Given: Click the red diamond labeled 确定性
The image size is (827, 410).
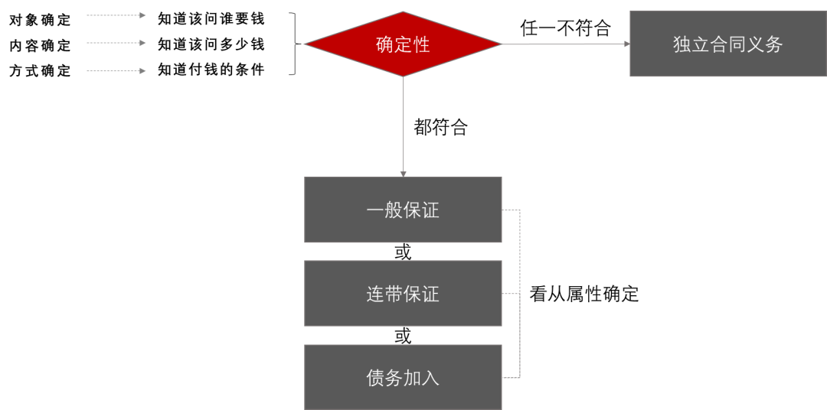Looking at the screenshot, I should point(403,44).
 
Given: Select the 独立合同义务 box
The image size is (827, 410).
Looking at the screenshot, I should point(727,44).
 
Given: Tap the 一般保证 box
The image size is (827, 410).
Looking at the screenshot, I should point(403,210).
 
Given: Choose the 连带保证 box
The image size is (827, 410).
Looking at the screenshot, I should point(403,294).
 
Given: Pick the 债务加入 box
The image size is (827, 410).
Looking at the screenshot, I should point(403,377).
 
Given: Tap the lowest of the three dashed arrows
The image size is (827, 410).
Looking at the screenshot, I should point(116,71).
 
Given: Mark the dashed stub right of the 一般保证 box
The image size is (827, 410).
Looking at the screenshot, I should point(511,210).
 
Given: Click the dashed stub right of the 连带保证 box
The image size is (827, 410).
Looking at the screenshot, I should point(511,294).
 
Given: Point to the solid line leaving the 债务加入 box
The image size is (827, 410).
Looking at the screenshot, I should point(511,377).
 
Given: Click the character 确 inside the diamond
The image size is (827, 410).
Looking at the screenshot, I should point(385,44).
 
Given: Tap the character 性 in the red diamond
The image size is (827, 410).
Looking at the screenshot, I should point(421,44).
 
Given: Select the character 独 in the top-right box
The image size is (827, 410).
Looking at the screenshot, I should point(682,44).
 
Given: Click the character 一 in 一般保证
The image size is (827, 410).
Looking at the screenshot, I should point(375,210).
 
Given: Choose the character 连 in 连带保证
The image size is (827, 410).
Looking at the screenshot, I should point(375,294).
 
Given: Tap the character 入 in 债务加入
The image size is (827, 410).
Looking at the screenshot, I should point(430,378).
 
